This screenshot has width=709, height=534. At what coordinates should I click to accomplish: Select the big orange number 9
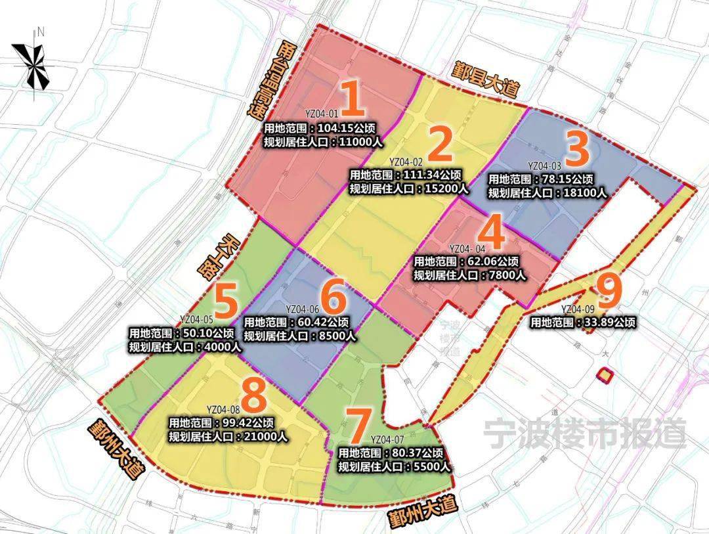[x=609, y=292]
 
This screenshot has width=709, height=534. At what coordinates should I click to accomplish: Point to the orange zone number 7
[x=359, y=426]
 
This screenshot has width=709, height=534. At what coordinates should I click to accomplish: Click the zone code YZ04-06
[x=303, y=309]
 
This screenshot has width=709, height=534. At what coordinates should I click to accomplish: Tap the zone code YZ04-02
[x=406, y=162]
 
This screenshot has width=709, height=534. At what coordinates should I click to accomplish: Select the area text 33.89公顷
[x=609, y=323]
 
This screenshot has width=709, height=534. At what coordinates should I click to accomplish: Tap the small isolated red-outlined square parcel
[x=604, y=376]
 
